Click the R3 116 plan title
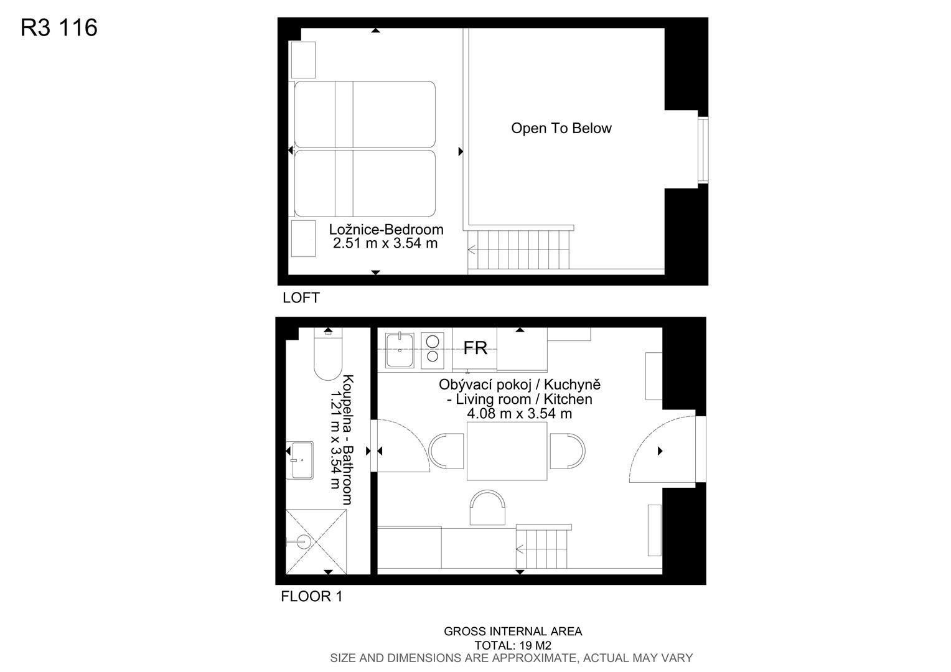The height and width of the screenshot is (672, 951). (x=59, y=27)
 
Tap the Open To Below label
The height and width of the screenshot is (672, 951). (x=561, y=128)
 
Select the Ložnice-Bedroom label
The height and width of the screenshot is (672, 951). (x=386, y=229)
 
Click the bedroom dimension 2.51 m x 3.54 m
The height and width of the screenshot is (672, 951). (x=385, y=243)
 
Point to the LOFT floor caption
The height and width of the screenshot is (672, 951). (x=301, y=297)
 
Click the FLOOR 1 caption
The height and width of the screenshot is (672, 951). (x=312, y=597)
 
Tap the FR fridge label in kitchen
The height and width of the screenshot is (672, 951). (x=475, y=348)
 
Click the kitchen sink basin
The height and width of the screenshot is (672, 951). (x=400, y=350)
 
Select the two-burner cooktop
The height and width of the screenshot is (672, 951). (x=432, y=350)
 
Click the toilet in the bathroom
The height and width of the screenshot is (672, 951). (x=328, y=354)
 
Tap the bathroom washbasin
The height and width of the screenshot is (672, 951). (x=300, y=460)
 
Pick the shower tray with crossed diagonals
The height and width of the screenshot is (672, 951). (x=316, y=542)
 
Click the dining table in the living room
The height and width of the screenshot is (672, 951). (x=507, y=451)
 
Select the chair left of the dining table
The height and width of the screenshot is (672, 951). (x=446, y=451)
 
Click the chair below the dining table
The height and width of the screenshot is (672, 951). (x=487, y=508)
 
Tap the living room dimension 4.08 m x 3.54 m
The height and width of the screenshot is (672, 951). (x=519, y=414)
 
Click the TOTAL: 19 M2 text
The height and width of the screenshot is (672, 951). (x=513, y=645)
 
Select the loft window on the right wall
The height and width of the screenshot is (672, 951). (x=703, y=151)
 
